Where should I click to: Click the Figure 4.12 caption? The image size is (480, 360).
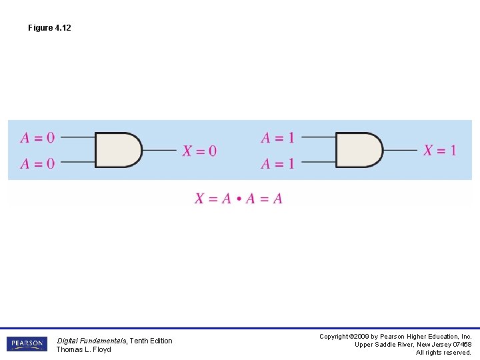49,28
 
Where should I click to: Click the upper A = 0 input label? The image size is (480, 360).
37,137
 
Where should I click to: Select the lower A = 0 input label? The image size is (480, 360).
37,163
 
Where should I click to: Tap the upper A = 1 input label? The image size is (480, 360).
277,137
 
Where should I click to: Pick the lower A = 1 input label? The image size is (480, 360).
277,163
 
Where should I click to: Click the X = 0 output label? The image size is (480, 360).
199,151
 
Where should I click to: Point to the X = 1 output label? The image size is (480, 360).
440,150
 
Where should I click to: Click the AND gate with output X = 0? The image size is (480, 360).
119,150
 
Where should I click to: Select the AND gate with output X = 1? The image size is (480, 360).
359,150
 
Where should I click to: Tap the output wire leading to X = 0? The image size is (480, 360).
159,150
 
